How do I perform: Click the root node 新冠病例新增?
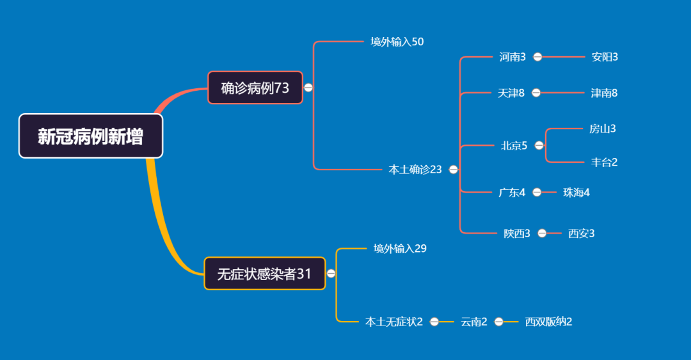[x=91, y=136]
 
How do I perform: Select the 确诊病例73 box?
[x=255, y=88]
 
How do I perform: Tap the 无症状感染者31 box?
[x=264, y=274]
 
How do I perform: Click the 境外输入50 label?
[x=397, y=42]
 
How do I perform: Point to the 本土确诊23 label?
[x=415, y=169]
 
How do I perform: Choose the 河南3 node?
[x=512, y=57]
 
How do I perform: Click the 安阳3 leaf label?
[x=605, y=57]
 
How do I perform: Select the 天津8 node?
[x=511, y=93]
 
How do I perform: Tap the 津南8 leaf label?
[x=604, y=93]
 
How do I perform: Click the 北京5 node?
[x=514, y=145]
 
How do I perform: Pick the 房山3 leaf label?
[x=603, y=129]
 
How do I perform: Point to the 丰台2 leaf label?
[x=604, y=162]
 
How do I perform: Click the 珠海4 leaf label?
[x=576, y=192]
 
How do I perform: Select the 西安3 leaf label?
[x=581, y=233]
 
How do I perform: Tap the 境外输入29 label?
[x=400, y=248]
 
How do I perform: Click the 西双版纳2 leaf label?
[x=548, y=322]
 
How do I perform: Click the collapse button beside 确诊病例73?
[x=308, y=88]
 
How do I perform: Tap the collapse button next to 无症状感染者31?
[x=331, y=274]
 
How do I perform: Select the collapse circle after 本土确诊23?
[x=454, y=169]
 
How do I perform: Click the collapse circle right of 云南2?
[x=499, y=322]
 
